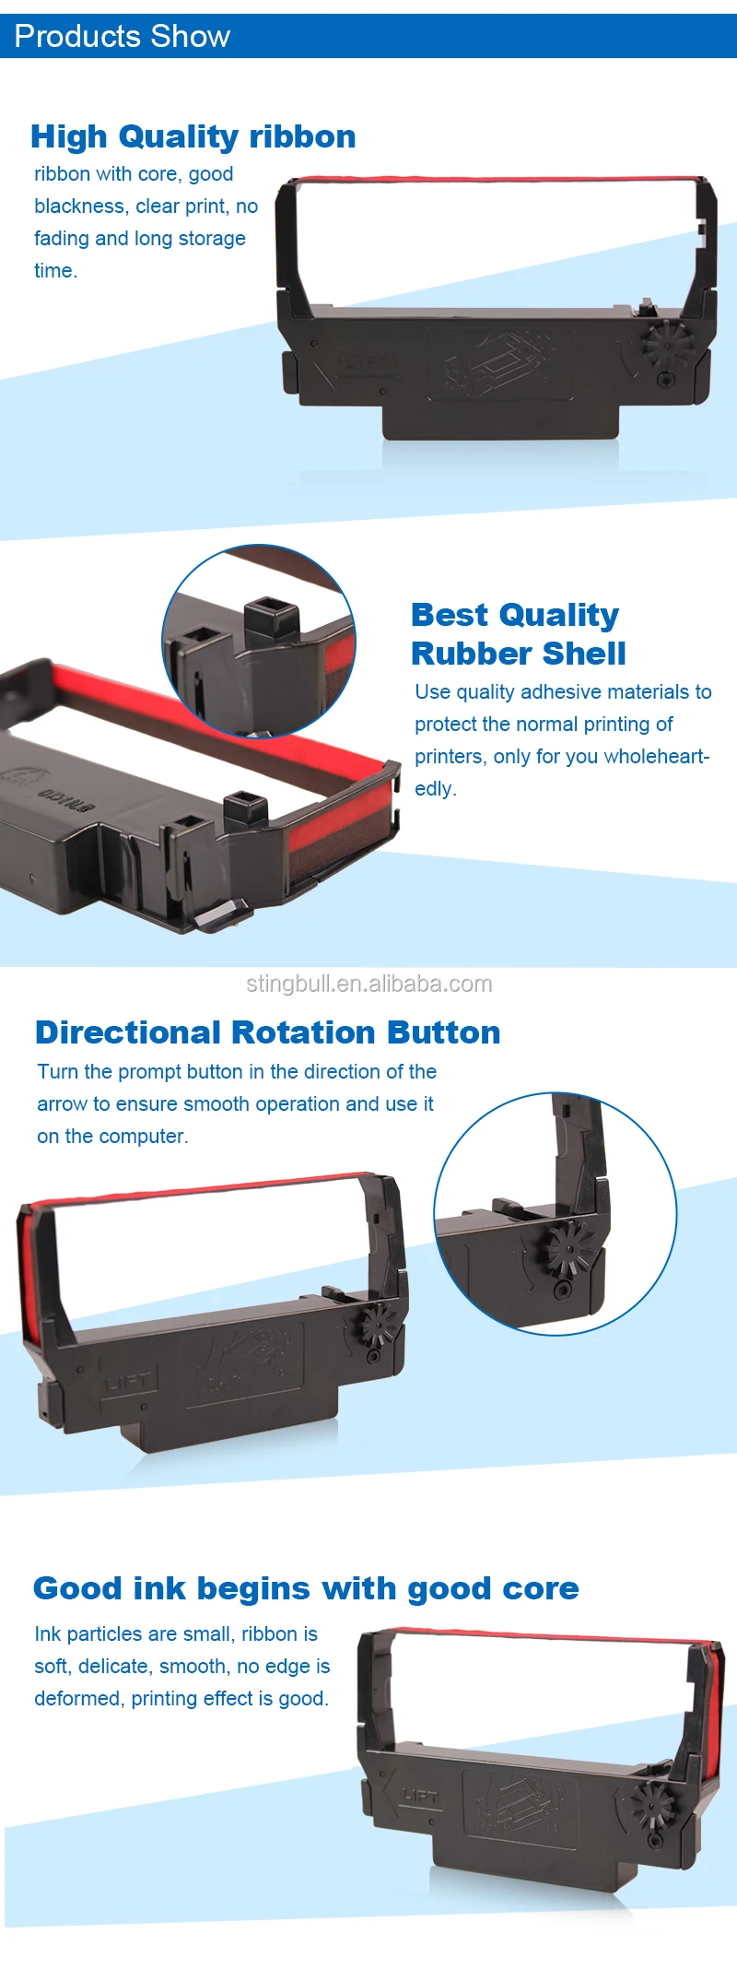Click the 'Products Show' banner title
(x=123, y=37)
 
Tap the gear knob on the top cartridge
(x=666, y=345)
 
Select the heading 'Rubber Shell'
(x=518, y=654)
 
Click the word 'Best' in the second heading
(x=449, y=615)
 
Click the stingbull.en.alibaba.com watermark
(x=368, y=984)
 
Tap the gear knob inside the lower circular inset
(x=568, y=1249)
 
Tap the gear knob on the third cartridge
(x=379, y=1326)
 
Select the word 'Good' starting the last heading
(x=77, y=1588)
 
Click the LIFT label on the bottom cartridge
(x=420, y=1795)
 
